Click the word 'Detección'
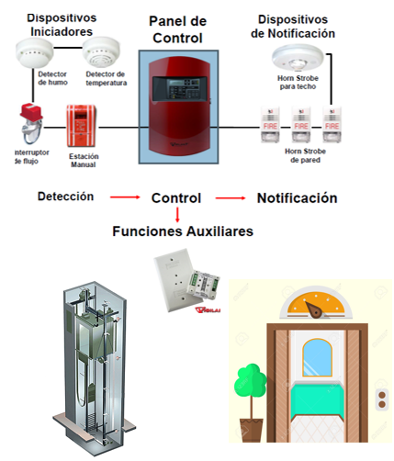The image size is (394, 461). pos(67,197)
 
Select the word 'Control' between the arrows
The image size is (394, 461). pos(176,197)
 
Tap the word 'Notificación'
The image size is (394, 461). pos(297,197)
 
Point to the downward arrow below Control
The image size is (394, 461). pos(176,215)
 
